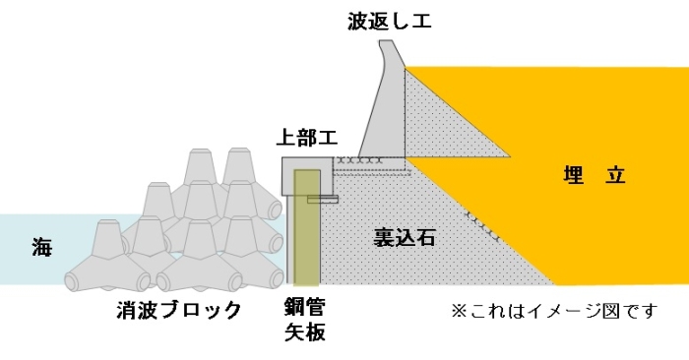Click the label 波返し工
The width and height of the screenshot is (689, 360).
click(x=390, y=21)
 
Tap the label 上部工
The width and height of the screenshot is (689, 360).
click(x=307, y=138)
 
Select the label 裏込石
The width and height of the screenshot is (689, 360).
click(x=405, y=237)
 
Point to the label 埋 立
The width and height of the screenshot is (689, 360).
click(x=595, y=175)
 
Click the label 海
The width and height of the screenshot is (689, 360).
click(x=41, y=247)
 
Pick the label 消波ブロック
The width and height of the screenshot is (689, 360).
click(x=179, y=310)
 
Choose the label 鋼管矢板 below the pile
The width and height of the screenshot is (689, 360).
click(x=305, y=320)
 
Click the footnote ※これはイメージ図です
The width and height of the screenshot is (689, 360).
click(x=554, y=311)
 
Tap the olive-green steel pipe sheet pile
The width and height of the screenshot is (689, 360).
click(x=307, y=227)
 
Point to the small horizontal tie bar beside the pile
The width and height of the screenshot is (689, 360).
click(x=323, y=200)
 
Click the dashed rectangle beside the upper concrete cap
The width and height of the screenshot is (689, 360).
click(x=371, y=166)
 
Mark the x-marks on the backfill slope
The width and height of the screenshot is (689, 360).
click(x=482, y=226)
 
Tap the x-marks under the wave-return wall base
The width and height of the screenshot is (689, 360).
click(x=358, y=160)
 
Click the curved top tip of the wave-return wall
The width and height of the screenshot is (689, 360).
click(x=387, y=41)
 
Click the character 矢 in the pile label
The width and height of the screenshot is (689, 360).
click(x=295, y=332)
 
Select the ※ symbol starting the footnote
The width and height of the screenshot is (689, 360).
click(x=460, y=311)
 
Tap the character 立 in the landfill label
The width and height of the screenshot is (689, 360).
click(x=615, y=175)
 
